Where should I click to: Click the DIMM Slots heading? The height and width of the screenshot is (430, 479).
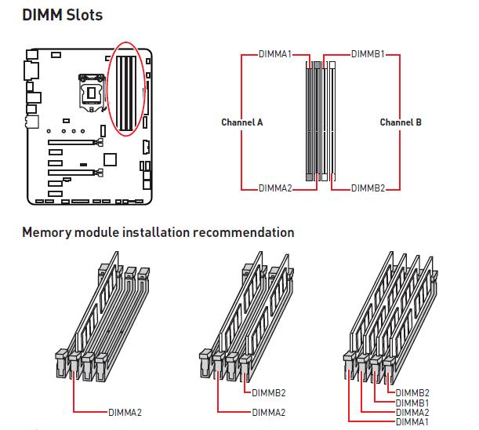(62, 15)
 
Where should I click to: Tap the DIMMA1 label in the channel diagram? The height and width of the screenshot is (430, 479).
(275, 54)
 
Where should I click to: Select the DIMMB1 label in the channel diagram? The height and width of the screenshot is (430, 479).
(368, 54)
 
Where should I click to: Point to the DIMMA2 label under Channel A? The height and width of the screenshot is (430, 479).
(275, 188)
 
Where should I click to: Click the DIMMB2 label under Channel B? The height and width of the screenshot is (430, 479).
(368, 188)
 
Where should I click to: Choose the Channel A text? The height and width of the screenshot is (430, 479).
(242, 122)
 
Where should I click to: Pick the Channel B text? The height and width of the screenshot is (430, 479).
(401, 122)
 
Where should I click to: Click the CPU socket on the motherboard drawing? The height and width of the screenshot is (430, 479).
(92, 92)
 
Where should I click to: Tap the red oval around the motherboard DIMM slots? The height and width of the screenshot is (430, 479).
(107, 89)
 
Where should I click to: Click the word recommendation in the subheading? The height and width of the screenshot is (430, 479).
(244, 232)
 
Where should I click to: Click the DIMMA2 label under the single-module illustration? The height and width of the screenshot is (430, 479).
(125, 412)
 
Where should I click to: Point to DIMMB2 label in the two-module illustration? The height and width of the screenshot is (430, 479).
(269, 392)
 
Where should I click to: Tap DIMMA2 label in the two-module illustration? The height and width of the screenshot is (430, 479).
(269, 412)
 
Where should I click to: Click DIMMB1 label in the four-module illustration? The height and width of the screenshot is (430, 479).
(412, 403)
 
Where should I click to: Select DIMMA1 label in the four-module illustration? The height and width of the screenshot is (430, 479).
(412, 421)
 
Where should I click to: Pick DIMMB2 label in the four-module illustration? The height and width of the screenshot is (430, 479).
(412, 392)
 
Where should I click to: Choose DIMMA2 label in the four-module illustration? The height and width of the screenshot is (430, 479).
(412, 412)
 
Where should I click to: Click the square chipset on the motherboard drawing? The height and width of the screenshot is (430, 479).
(110, 159)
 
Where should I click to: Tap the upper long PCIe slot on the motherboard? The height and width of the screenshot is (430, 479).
(75, 142)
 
